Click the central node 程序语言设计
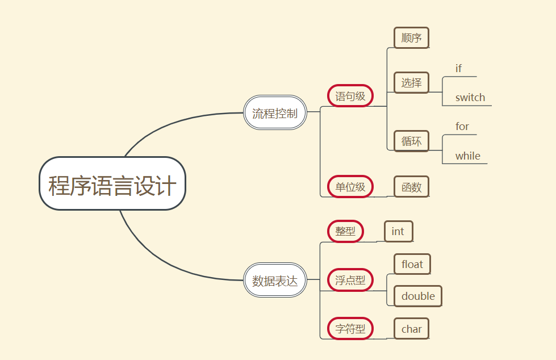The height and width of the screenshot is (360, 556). pyautogui.click(x=112, y=184)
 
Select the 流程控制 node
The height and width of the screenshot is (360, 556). pyautogui.click(x=275, y=112)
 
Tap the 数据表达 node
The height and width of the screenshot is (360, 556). pyautogui.click(x=275, y=280)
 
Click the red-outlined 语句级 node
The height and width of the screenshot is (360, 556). pyautogui.click(x=350, y=96)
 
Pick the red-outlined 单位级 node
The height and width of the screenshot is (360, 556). pyautogui.click(x=350, y=186)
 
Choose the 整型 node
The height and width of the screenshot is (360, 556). pyautogui.click(x=345, y=231)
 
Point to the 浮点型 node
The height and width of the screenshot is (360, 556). pyautogui.click(x=350, y=280)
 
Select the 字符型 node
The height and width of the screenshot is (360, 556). pyautogui.click(x=350, y=328)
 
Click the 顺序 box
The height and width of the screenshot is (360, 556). pyautogui.click(x=411, y=38)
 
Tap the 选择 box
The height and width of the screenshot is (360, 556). pyautogui.click(x=411, y=82)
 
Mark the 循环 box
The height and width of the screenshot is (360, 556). pyautogui.click(x=411, y=141)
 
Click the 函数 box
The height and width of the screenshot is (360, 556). pyautogui.click(x=411, y=186)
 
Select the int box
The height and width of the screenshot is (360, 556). pyautogui.click(x=398, y=231)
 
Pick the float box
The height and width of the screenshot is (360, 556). pyautogui.click(x=412, y=264)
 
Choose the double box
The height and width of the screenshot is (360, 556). pyautogui.click(x=418, y=296)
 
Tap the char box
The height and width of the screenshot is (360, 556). pyautogui.click(x=412, y=329)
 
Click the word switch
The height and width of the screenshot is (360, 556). pyautogui.click(x=470, y=98)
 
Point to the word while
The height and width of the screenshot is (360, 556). pyautogui.click(x=468, y=156)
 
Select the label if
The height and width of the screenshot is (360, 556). pyautogui.click(x=459, y=69)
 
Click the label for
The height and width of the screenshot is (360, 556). pyautogui.click(x=462, y=127)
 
